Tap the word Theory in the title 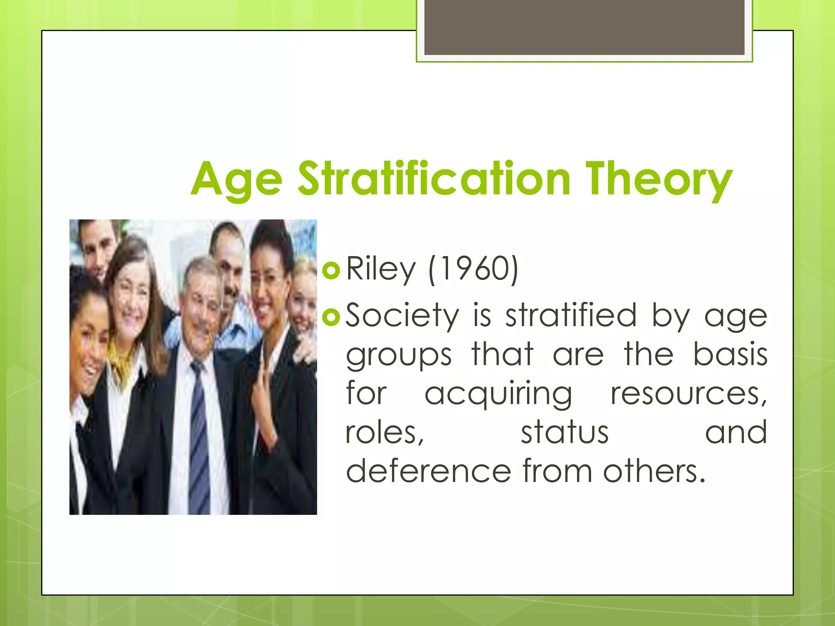pos(658,179)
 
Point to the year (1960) pos(473,269)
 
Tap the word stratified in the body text pos(571,315)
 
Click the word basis pos(730,354)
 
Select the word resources pos(688,394)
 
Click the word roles pos(385,432)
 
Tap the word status pos(565,432)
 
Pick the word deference pos(429,471)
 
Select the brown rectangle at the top pos(584,28)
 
